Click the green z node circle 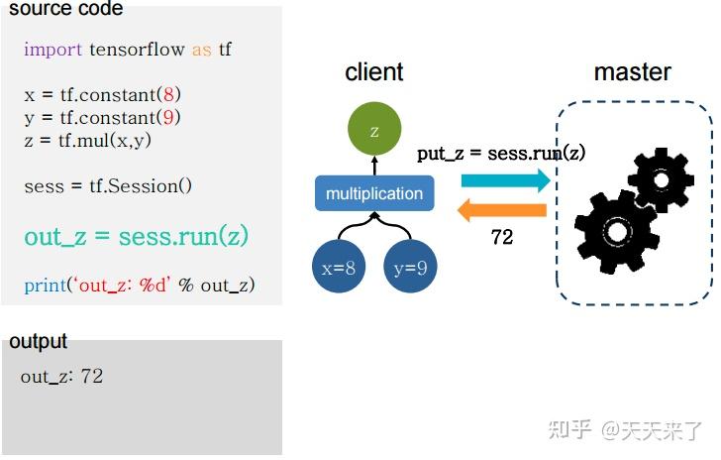click(x=374, y=131)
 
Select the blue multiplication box click(x=374, y=193)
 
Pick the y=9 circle click(x=410, y=267)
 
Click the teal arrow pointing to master click(x=504, y=179)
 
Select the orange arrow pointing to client click(x=504, y=210)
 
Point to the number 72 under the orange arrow click(x=502, y=238)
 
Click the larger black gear click(x=616, y=231)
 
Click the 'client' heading click(x=374, y=72)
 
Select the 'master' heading click(x=632, y=72)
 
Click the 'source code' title click(x=66, y=9)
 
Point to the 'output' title click(x=39, y=342)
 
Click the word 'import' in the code click(x=53, y=49)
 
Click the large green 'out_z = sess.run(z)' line click(x=136, y=237)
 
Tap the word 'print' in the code click(x=45, y=286)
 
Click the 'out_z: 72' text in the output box click(x=61, y=377)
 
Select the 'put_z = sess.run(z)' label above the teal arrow click(x=501, y=153)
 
